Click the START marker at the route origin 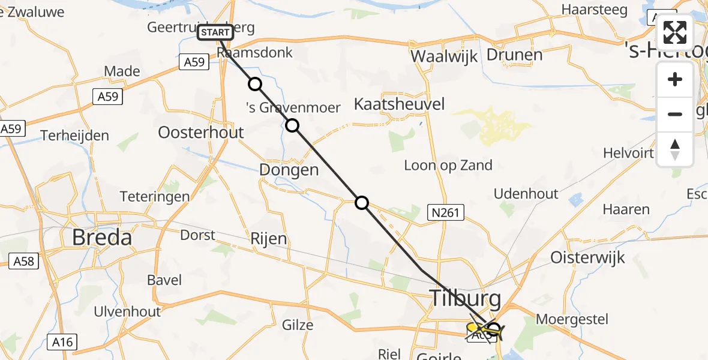point(215,32)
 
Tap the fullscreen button point(675,32)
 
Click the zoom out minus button point(675,114)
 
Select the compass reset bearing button point(675,149)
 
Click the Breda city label point(101,238)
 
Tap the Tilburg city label point(464,297)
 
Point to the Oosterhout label point(200,132)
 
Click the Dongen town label point(289,170)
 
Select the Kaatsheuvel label point(399,104)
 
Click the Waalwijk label point(443,56)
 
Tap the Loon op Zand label point(448,165)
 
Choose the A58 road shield point(23,261)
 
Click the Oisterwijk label point(588,258)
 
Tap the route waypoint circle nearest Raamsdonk point(255,84)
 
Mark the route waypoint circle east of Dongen point(362,203)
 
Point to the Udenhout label point(526,194)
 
